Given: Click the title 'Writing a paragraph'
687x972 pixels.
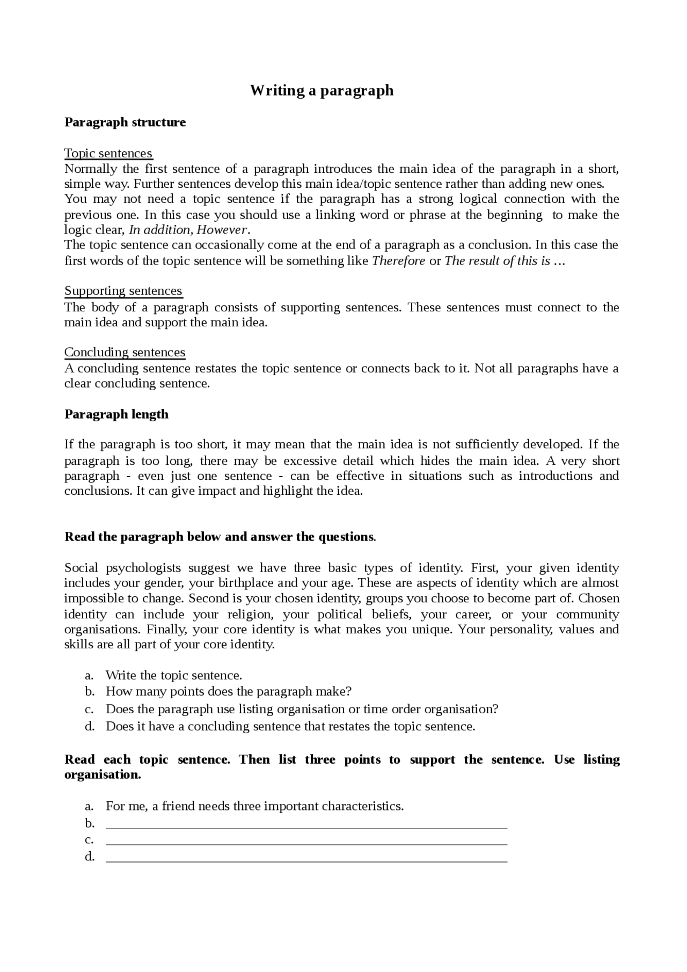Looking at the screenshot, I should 321,90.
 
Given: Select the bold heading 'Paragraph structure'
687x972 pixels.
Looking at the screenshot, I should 125,122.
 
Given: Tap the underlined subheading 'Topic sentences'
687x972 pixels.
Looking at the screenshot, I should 108,154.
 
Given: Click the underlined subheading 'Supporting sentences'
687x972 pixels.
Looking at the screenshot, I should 123,291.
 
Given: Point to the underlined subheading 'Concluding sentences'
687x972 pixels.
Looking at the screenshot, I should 125,353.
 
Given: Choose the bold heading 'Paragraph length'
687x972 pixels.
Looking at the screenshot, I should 116,414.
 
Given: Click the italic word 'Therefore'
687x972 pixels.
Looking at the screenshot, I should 398,261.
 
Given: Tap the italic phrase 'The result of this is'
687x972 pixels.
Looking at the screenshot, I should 497,261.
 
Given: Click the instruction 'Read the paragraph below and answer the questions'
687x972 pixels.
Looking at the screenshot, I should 220,537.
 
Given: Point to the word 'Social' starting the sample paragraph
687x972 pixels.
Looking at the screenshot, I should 81,568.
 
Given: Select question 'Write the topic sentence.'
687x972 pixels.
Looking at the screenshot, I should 174,676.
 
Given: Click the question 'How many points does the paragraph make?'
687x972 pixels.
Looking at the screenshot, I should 229,691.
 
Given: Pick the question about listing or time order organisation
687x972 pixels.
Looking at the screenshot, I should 302,710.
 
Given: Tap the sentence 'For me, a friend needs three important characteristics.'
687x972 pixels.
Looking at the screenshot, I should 255,806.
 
